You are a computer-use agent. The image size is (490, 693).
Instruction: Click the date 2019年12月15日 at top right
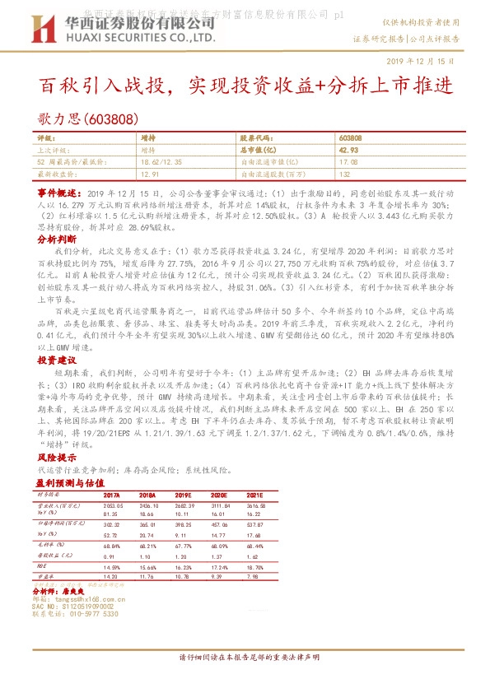(x=421, y=62)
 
